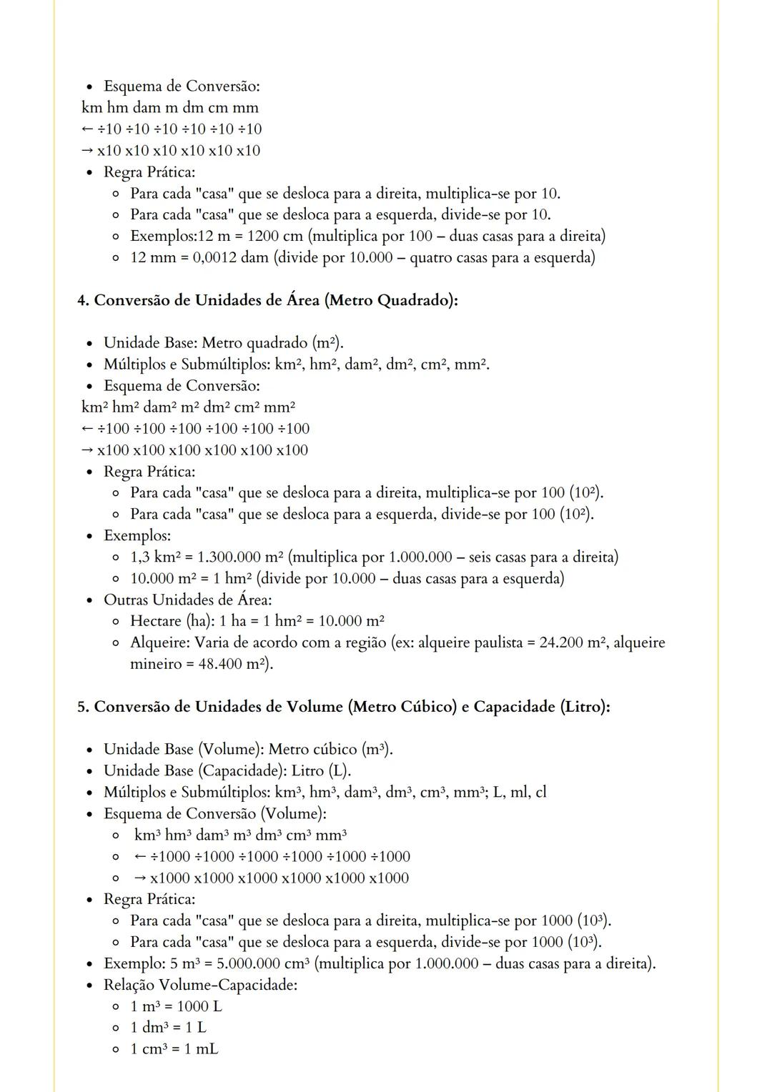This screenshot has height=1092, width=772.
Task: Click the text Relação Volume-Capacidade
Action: point(200,985)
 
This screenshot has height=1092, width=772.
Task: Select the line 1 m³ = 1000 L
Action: point(176,1006)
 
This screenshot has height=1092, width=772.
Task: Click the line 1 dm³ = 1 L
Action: point(168,1028)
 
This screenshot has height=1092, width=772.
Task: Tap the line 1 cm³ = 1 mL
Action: point(174,1049)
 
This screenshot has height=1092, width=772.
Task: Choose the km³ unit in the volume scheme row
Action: point(147,835)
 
